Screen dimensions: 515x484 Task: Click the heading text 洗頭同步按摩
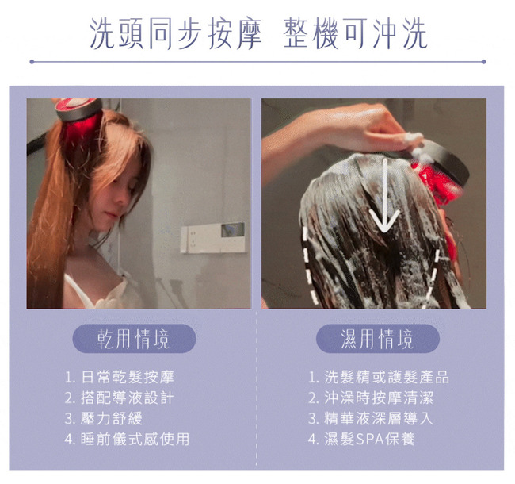(175, 33)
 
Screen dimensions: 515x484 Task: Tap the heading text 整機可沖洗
(356, 33)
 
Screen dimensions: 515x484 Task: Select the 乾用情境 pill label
(134, 338)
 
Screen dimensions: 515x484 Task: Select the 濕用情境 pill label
(377, 338)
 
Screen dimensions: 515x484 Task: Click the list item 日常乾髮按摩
(119, 377)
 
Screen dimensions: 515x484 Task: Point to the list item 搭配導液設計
(119, 398)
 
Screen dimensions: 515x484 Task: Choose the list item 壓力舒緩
(104, 418)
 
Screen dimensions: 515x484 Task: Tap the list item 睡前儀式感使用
(127, 439)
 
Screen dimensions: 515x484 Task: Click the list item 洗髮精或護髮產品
(379, 377)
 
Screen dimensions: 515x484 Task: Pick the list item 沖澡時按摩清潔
(371, 398)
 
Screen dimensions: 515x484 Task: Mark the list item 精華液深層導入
(371, 418)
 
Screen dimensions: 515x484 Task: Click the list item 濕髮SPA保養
(361, 439)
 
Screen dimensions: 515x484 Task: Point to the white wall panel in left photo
(213, 237)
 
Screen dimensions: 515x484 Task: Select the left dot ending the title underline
(32, 62)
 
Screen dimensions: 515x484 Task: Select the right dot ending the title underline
(483, 62)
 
